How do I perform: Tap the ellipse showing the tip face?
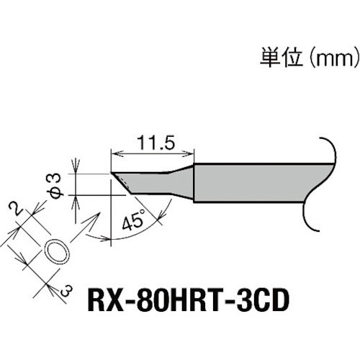click(58, 252)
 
